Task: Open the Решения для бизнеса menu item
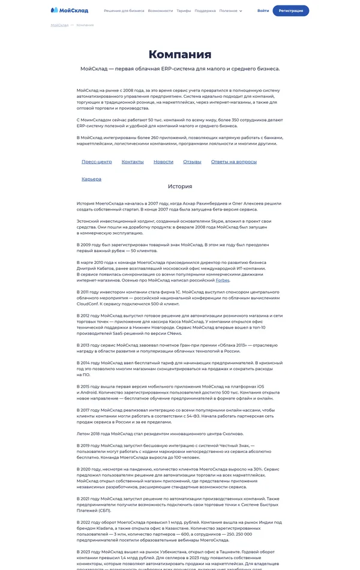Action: (x=124, y=11)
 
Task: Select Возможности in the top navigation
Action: (x=160, y=11)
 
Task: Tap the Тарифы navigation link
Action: (x=184, y=11)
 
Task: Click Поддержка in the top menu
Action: (x=205, y=11)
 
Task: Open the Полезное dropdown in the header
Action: (x=231, y=11)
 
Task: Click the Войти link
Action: (x=263, y=11)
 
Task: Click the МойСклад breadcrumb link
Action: (x=59, y=25)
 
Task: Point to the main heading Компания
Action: (x=180, y=55)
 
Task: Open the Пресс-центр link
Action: (x=97, y=162)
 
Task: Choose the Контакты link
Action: (x=133, y=162)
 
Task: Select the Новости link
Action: (x=163, y=162)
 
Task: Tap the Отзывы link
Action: (x=192, y=162)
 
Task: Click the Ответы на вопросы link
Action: (x=234, y=162)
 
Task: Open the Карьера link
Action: (x=91, y=179)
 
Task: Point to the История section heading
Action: (x=180, y=187)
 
